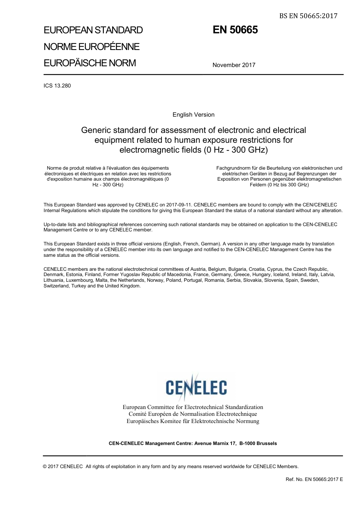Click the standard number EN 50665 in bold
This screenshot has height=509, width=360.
pos(235,30)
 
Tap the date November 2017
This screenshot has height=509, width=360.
pos(234,65)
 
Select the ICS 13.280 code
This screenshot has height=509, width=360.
pos(57,86)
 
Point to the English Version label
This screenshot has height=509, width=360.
pos(193,115)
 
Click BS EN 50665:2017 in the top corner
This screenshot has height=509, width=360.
pos(308,16)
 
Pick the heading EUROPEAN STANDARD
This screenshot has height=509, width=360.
pos(93,30)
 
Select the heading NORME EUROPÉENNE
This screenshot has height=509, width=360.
pos(92,47)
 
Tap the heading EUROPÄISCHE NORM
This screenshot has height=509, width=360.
pos(90,63)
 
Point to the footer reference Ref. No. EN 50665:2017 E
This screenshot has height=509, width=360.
pos(314,479)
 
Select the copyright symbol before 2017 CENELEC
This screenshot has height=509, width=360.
pos(45,467)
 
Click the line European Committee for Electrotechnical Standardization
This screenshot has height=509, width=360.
pos(193,407)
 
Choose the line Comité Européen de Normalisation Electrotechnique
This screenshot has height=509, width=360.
pos(193,414)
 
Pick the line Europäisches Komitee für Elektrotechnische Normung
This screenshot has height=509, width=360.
pos(193,421)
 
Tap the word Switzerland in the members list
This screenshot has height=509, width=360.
pos(56,286)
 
